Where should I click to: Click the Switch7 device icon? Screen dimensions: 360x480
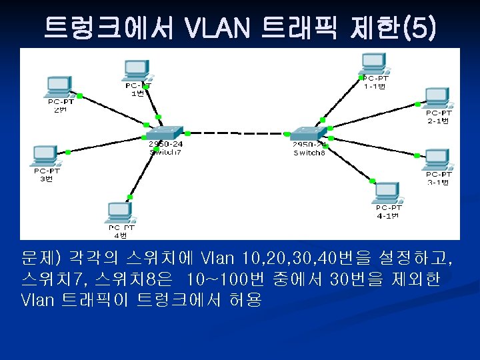[165, 132]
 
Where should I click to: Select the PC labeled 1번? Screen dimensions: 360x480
[137, 71]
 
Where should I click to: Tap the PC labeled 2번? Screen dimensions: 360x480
[59, 87]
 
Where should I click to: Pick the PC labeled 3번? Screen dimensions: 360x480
[45, 155]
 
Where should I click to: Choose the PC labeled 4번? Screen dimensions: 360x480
[119, 213]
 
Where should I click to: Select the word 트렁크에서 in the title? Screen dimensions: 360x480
[109, 27]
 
